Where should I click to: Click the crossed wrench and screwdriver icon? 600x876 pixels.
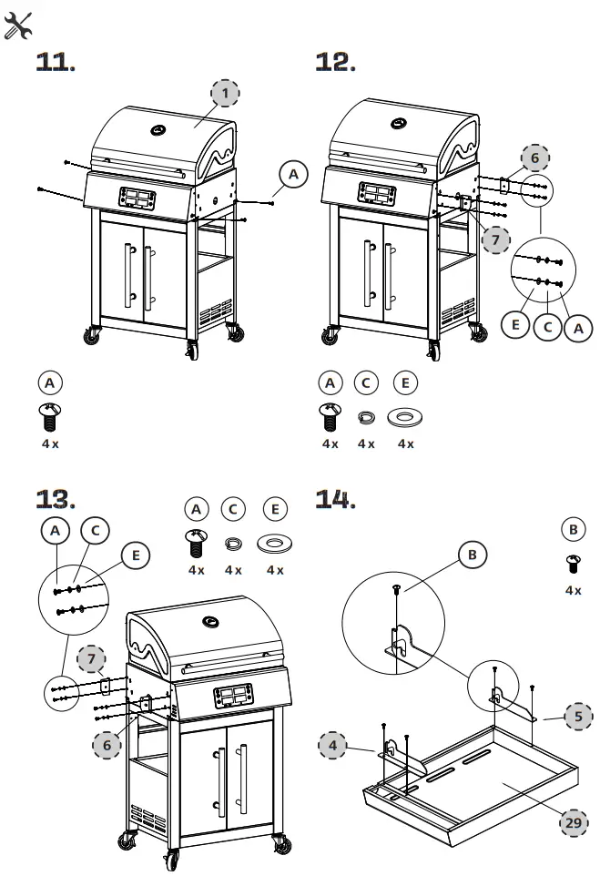(18, 26)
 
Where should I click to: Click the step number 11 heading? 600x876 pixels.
(55, 62)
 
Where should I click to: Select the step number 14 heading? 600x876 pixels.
(334, 498)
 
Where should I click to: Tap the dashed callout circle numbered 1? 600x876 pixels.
(226, 92)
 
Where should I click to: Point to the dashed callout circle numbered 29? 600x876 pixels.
(573, 821)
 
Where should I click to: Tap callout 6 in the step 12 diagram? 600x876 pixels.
(535, 158)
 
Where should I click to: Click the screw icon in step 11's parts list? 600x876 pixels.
(51, 415)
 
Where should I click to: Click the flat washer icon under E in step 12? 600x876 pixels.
(405, 416)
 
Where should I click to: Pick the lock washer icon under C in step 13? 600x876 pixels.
(233, 544)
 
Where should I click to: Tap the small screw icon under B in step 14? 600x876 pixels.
(573, 564)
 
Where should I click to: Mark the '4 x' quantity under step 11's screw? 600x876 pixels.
(50, 443)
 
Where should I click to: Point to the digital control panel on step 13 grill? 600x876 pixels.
(234, 698)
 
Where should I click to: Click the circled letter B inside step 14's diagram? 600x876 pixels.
(472, 555)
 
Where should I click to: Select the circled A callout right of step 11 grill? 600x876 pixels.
(292, 174)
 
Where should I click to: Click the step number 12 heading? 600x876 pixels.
(335, 62)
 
